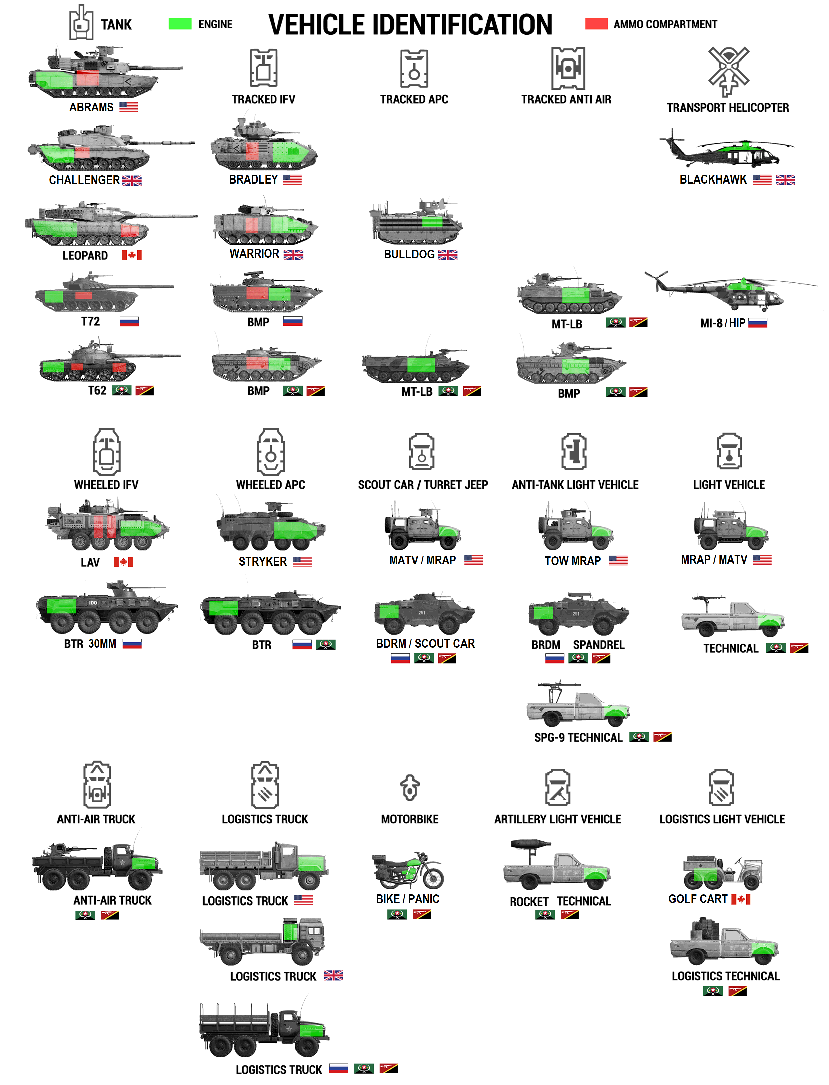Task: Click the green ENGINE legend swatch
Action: tap(180, 24)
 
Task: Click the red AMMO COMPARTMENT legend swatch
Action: tap(596, 24)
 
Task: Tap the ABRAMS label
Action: tap(91, 107)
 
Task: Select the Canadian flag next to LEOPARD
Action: tap(132, 255)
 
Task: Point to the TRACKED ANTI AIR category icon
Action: tap(568, 68)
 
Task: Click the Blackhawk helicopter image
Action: tap(726, 149)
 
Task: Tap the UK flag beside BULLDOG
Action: tap(448, 255)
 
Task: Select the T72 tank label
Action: tap(90, 321)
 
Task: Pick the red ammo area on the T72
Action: tap(83, 295)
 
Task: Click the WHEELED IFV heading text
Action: tap(106, 485)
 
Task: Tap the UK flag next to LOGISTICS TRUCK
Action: tap(334, 975)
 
